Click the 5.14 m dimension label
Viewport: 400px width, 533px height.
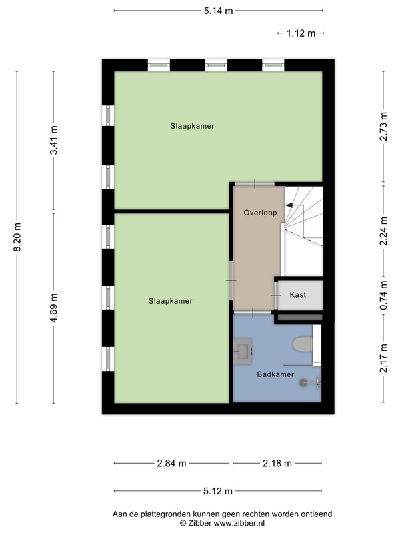pyautogui.click(x=219, y=11)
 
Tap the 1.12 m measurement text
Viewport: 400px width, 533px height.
pyautogui.click(x=301, y=33)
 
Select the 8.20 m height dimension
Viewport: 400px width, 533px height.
pyautogui.click(x=17, y=237)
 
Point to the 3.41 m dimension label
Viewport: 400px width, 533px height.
pyautogui.click(x=54, y=140)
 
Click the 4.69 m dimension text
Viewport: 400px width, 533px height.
pyautogui.click(x=54, y=308)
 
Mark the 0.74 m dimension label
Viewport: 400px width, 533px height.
pyautogui.click(x=384, y=295)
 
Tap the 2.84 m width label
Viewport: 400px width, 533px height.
pyautogui.click(x=172, y=463)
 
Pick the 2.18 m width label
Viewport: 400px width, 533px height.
pyautogui.click(x=277, y=463)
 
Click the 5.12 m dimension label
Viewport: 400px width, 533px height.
pyautogui.click(x=218, y=491)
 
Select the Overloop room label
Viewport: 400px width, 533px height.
pyautogui.click(x=260, y=213)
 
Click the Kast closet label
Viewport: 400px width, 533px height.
pyautogui.click(x=298, y=295)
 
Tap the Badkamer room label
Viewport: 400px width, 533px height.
pyautogui.click(x=275, y=374)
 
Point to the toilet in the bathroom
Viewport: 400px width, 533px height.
pyautogui.click(x=303, y=344)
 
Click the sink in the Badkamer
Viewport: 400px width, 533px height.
pyautogui.click(x=243, y=352)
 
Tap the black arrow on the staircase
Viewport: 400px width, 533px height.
pyautogui.click(x=289, y=205)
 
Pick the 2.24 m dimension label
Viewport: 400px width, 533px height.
pyautogui.click(x=384, y=231)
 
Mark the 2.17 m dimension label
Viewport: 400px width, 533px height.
pyautogui.click(x=384, y=358)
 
